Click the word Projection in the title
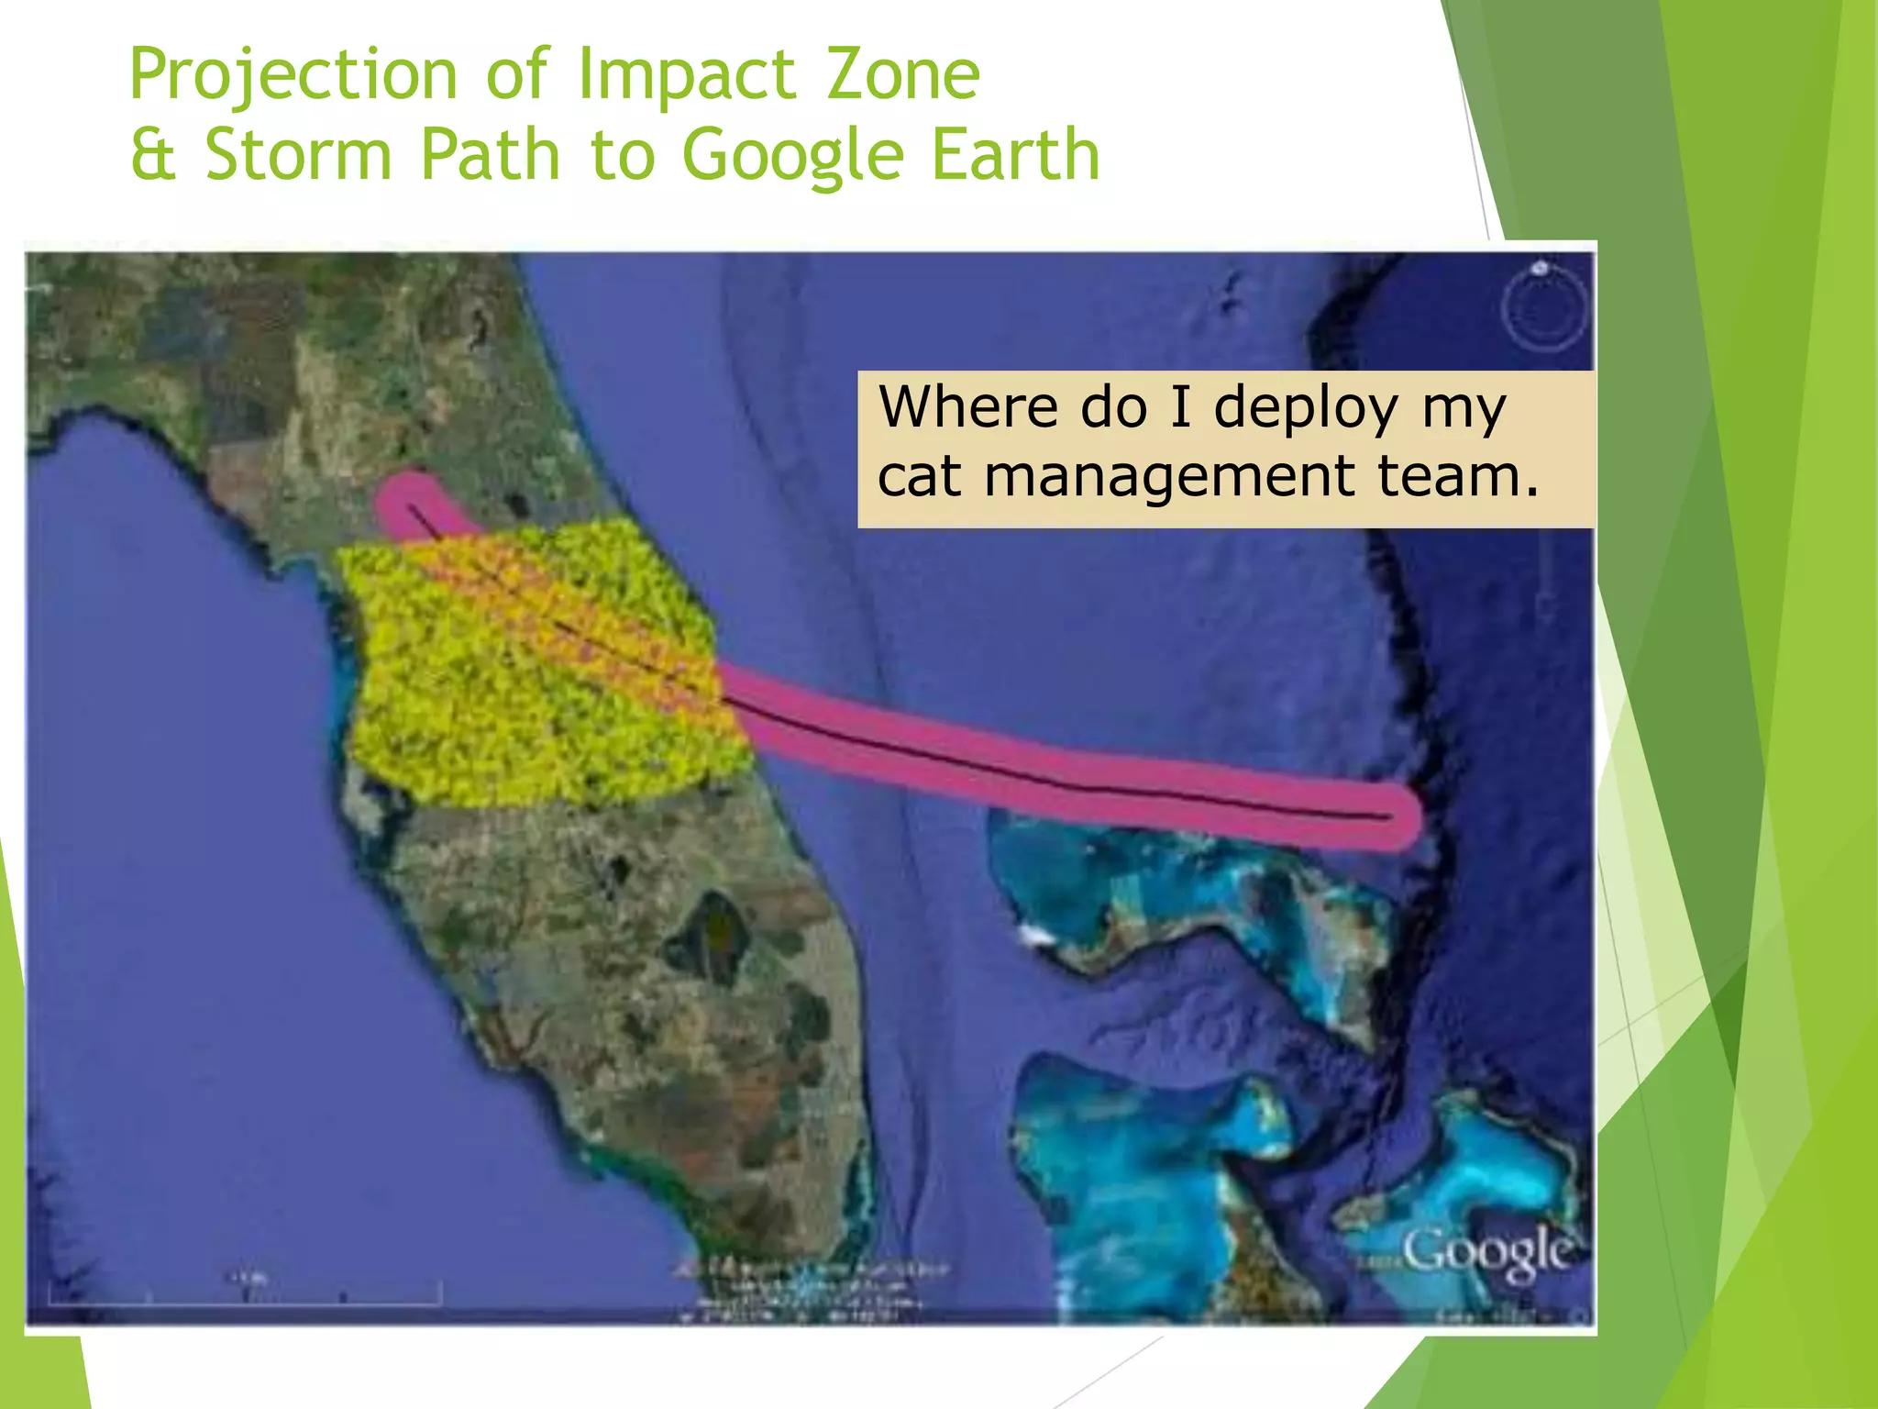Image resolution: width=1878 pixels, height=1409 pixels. [293, 75]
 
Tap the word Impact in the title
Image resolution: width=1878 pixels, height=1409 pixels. [686, 75]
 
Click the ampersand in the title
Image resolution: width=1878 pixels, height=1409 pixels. [152, 154]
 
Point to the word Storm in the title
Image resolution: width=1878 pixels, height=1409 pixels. [298, 154]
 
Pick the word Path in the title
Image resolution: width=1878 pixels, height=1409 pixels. [490, 154]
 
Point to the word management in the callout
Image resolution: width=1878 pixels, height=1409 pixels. [1169, 478]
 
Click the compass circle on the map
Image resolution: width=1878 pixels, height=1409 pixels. [1544, 308]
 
